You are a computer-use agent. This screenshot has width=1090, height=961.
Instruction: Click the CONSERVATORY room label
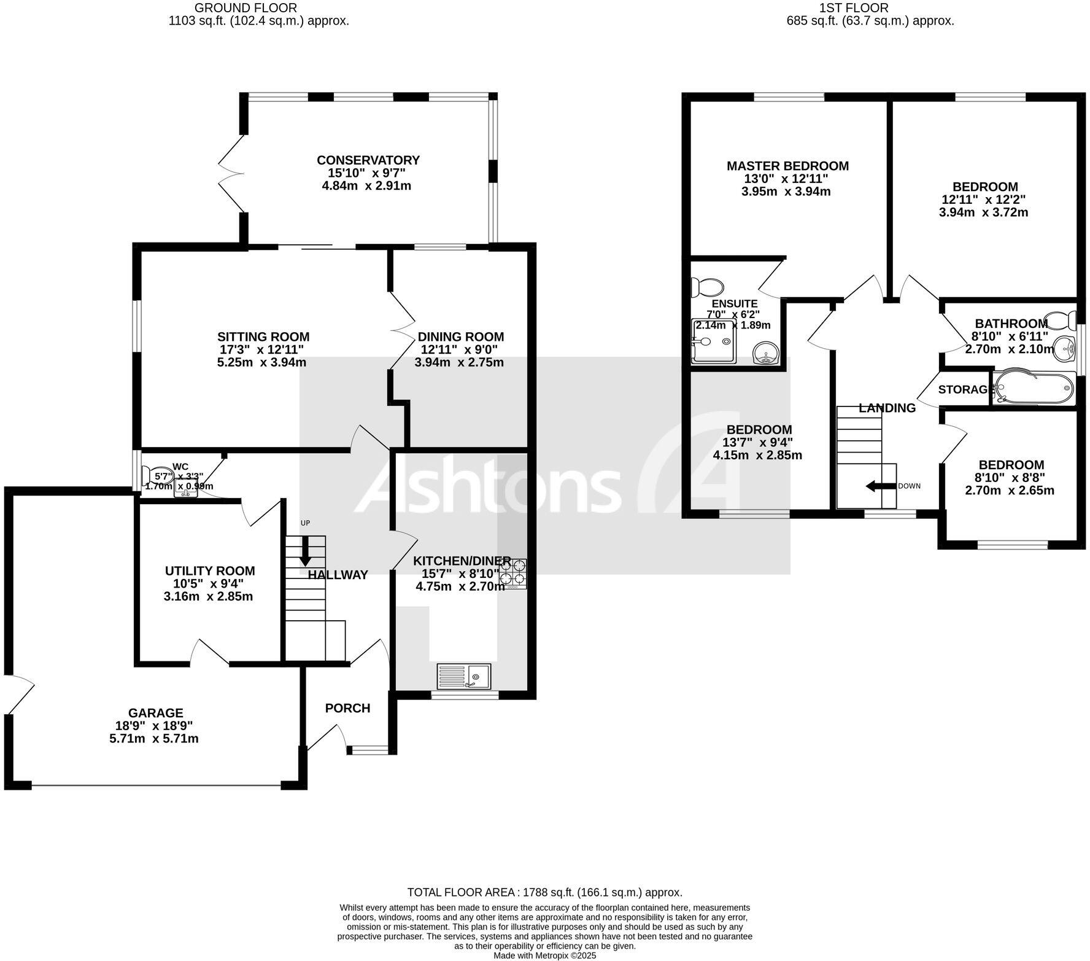point(368,160)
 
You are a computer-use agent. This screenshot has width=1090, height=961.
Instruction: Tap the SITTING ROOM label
point(263,337)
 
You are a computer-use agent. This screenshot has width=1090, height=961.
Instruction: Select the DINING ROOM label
point(460,337)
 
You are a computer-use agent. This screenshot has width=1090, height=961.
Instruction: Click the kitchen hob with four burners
point(512,573)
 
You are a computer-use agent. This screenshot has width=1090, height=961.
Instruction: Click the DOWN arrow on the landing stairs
point(879,486)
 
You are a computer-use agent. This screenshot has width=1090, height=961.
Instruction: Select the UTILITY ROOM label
point(210,571)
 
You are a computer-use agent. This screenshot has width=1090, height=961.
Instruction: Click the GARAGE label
point(155,713)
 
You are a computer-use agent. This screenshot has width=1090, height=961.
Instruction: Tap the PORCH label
point(347,708)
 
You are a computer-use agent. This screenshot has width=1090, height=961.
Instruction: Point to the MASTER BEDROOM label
point(787,166)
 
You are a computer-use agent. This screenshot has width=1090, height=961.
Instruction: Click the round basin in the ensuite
point(765,354)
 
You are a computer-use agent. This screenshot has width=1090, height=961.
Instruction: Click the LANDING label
point(887,408)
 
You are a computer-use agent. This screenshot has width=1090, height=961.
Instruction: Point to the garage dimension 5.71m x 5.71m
point(153,739)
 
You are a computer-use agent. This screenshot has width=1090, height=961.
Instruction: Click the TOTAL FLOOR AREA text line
point(544,893)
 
